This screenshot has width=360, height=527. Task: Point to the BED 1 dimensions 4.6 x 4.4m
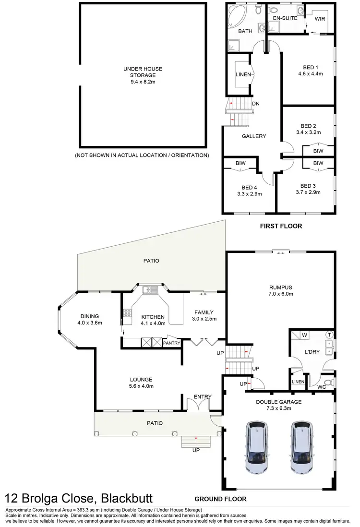click(311, 74)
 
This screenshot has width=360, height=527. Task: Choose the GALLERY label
click(253, 136)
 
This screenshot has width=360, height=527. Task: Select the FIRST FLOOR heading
click(281, 226)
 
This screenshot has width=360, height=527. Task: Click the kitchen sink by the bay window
click(150, 289)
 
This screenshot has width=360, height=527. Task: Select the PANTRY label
click(171, 343)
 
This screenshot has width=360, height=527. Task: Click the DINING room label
click(90, 316)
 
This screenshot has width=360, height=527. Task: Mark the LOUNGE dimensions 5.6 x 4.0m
click(140, 386)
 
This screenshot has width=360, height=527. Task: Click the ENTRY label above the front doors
click(202, 396)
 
